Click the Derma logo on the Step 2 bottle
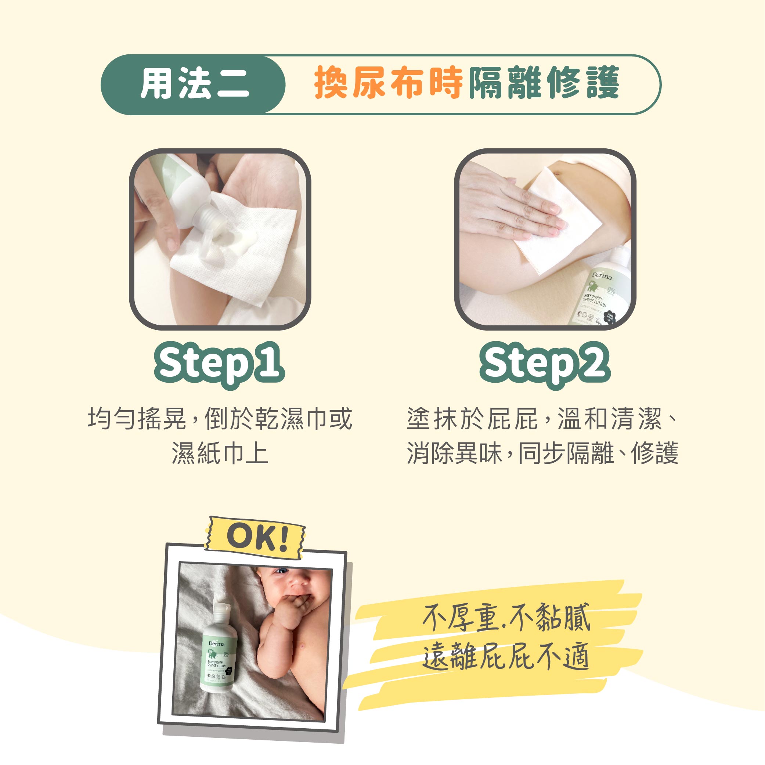coord(602,276)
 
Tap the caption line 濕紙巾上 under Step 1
coord(220,452)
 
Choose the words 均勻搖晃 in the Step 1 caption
coord(137,418)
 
